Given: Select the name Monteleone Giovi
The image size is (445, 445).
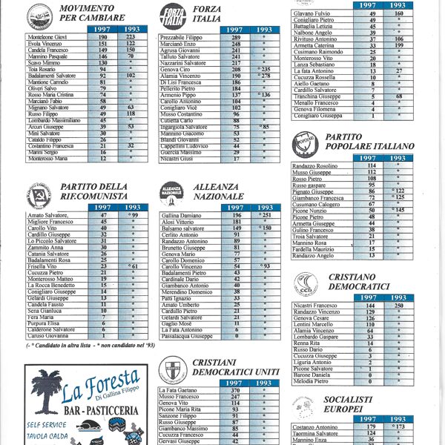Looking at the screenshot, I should coord(46,36).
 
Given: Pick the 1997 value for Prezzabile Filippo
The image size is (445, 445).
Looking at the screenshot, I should coord(236,37).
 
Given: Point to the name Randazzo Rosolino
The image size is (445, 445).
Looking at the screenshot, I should coord(314,165).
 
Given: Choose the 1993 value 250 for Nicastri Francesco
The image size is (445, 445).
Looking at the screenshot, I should coord(398,305).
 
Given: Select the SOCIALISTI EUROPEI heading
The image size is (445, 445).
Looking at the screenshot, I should coord(355,404).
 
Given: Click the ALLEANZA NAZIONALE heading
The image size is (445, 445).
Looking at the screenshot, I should coord(219,191).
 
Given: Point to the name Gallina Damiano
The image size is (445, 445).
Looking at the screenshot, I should coord(181,214).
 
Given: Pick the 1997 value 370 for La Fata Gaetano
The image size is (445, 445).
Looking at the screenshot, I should coord(235,390).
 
